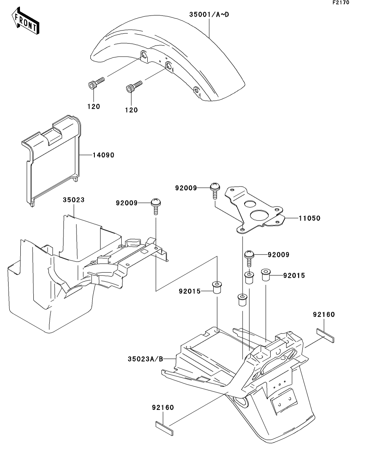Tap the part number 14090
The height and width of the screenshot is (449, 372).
pyautogui.click(x=103, y=155)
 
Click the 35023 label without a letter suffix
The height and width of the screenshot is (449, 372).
pyautogui.click(x=73, y=200)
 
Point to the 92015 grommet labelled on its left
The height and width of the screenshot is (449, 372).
pyautogui.click(x=217, y=288)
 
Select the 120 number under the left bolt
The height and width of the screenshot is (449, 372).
pyautogui.click(x=94, y=106)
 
